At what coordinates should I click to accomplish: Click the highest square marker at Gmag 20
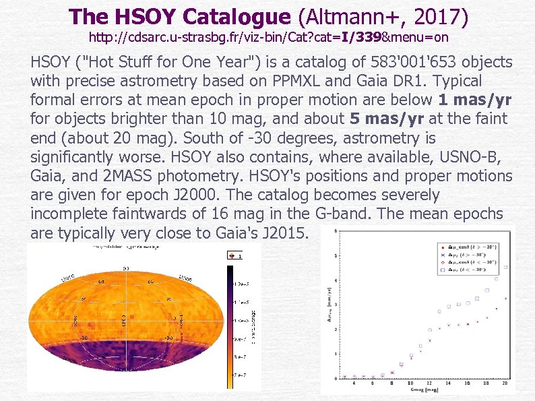(505, 267)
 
